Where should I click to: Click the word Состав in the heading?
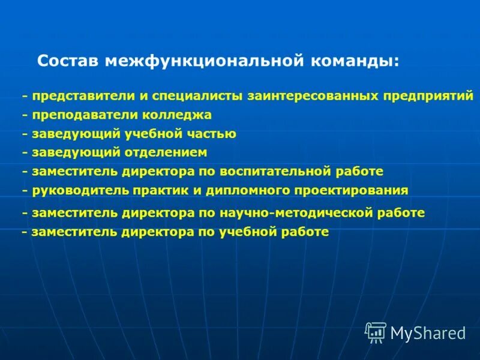[69, 62]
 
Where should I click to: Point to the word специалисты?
[190, 96]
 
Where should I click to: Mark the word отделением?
[166, 152]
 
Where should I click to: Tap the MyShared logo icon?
[376, 332]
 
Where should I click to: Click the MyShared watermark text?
[428, 333]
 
